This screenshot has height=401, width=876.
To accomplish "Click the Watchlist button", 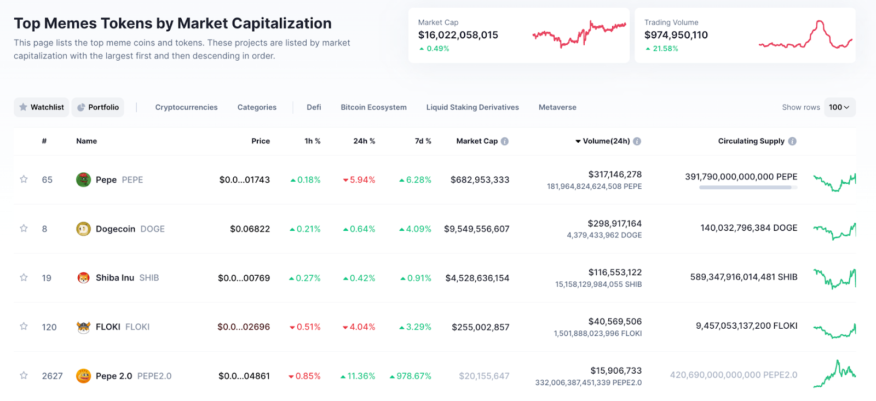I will (x=42, y=107).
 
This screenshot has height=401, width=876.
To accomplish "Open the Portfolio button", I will (x=98, y=107).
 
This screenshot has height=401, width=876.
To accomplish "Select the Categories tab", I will (x=257, y=107).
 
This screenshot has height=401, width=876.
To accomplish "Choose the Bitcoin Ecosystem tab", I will (x=373, y=107).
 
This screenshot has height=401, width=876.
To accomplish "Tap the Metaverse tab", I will (x=557, y=107).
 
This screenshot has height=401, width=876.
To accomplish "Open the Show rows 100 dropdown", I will (x=839, y=107).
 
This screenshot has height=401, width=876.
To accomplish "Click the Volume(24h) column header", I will (x=606, y=141).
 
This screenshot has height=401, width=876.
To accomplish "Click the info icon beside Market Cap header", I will (x=505, y=141).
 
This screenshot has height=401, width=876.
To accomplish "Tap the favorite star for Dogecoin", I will (x=24, y=229).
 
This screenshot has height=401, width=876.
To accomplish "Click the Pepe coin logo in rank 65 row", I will (x=83, y=179).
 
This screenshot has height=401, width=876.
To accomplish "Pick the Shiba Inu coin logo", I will (x=83, y=278).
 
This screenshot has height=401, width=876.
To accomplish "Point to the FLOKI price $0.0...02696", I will (x=244, y=327).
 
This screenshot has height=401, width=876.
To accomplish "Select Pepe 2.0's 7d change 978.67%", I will (x=411, y=376).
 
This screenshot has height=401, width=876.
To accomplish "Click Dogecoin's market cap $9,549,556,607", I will (x=476, y=229).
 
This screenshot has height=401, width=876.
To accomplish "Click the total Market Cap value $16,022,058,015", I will (x=458, y=35).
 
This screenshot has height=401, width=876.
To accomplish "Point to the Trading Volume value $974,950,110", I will (x=676, y=35).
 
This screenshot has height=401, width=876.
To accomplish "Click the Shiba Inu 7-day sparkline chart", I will (x=834, y=278).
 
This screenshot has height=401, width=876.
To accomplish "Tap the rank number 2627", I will (x=52, y=376).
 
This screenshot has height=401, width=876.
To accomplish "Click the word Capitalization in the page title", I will (x=283, y=24).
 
